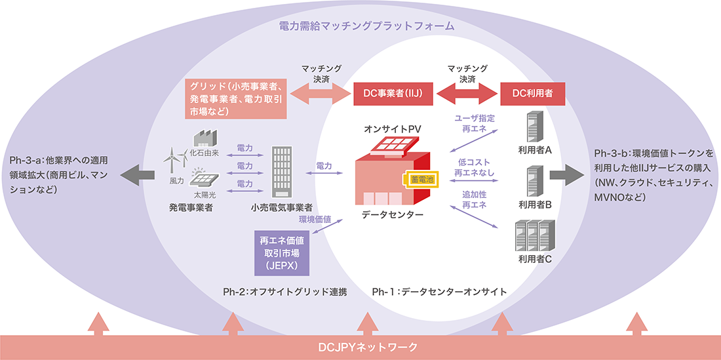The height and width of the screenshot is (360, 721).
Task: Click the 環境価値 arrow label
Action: click(x=315, y=219)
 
